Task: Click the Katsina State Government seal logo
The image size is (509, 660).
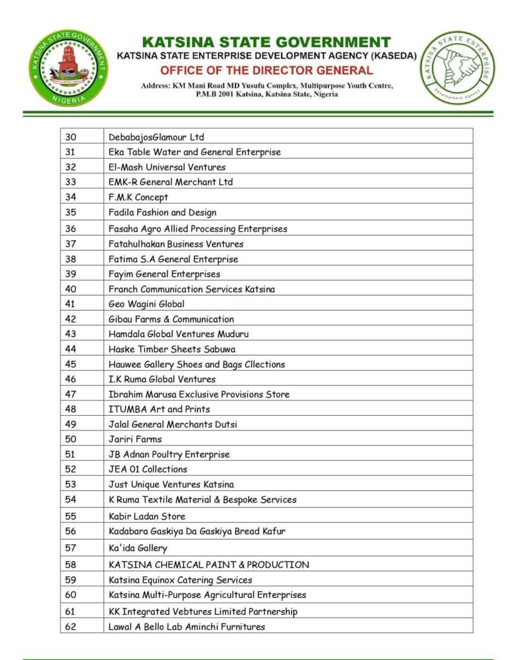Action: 68,68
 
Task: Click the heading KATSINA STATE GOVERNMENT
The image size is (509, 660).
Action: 266,42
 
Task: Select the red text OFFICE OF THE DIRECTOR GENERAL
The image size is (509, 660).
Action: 266,70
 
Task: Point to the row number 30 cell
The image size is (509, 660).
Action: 71,137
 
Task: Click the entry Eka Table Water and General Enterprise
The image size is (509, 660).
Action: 194,152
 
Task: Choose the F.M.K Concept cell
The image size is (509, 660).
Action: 138,197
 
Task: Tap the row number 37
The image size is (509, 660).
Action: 71,244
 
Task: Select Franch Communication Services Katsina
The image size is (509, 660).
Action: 191,289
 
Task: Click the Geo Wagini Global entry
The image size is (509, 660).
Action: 146,304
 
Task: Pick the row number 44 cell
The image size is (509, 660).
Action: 71,349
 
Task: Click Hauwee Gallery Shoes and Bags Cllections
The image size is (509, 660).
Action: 196,364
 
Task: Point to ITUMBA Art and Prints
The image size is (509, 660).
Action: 159,409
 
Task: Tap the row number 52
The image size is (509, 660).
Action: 71,469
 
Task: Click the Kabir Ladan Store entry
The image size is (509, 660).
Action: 147,516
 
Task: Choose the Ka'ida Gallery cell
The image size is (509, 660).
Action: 138,548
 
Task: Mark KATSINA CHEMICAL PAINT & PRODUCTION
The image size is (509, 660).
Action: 208,565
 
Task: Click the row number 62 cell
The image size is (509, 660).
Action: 71,626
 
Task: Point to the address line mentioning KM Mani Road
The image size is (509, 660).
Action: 266,85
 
